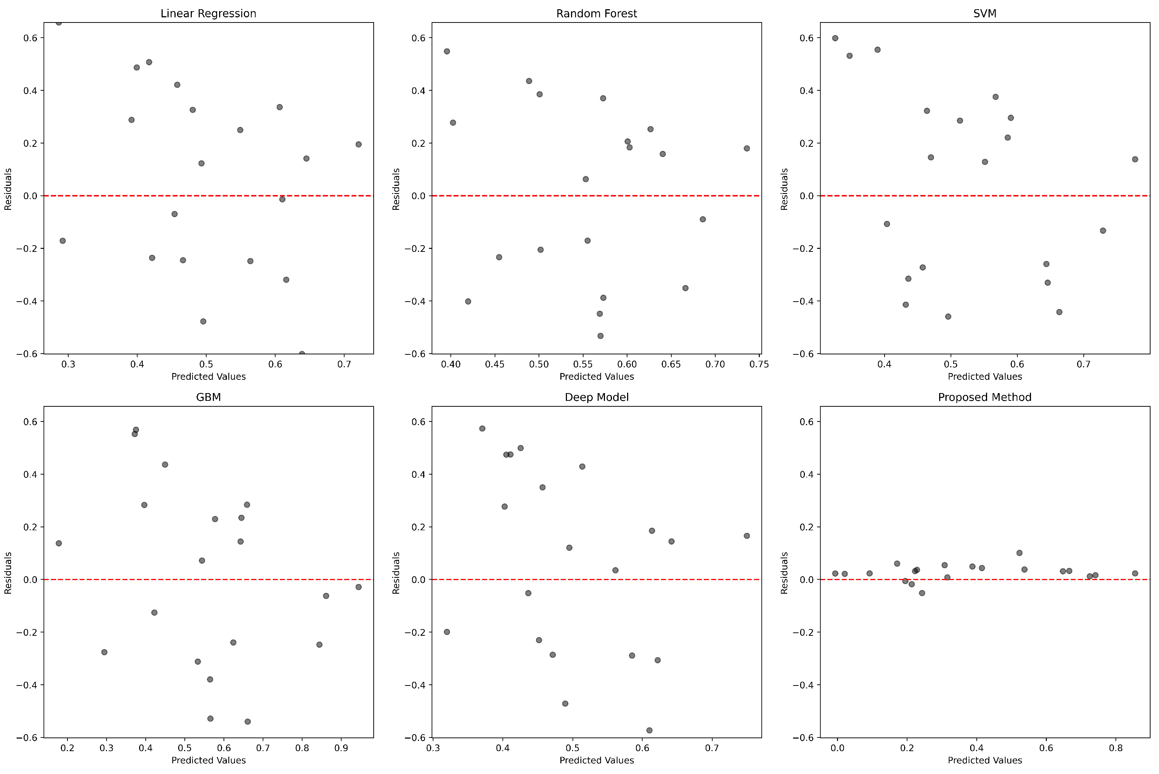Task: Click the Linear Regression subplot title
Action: [x=208, y=13]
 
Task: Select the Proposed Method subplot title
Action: [x=984, y=398]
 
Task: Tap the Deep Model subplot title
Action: [x=596, y=398]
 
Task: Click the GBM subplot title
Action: [x=208, y=398]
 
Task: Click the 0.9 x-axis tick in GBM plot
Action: [x=341, y=748]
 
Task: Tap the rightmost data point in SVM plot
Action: [x=1135, y=159]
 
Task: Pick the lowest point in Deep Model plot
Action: [x=649, y=730]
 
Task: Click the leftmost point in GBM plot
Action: [x=58, y=544]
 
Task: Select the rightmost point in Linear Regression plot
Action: [x=359, y=145]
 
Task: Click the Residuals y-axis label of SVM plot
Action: [x=784, y=189]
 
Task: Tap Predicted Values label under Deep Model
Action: [x=596, y=761]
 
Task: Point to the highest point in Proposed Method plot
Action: [x=1019, y=553]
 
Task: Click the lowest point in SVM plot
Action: [x=948, y=317]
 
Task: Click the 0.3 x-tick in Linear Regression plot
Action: [x=68, y=365]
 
